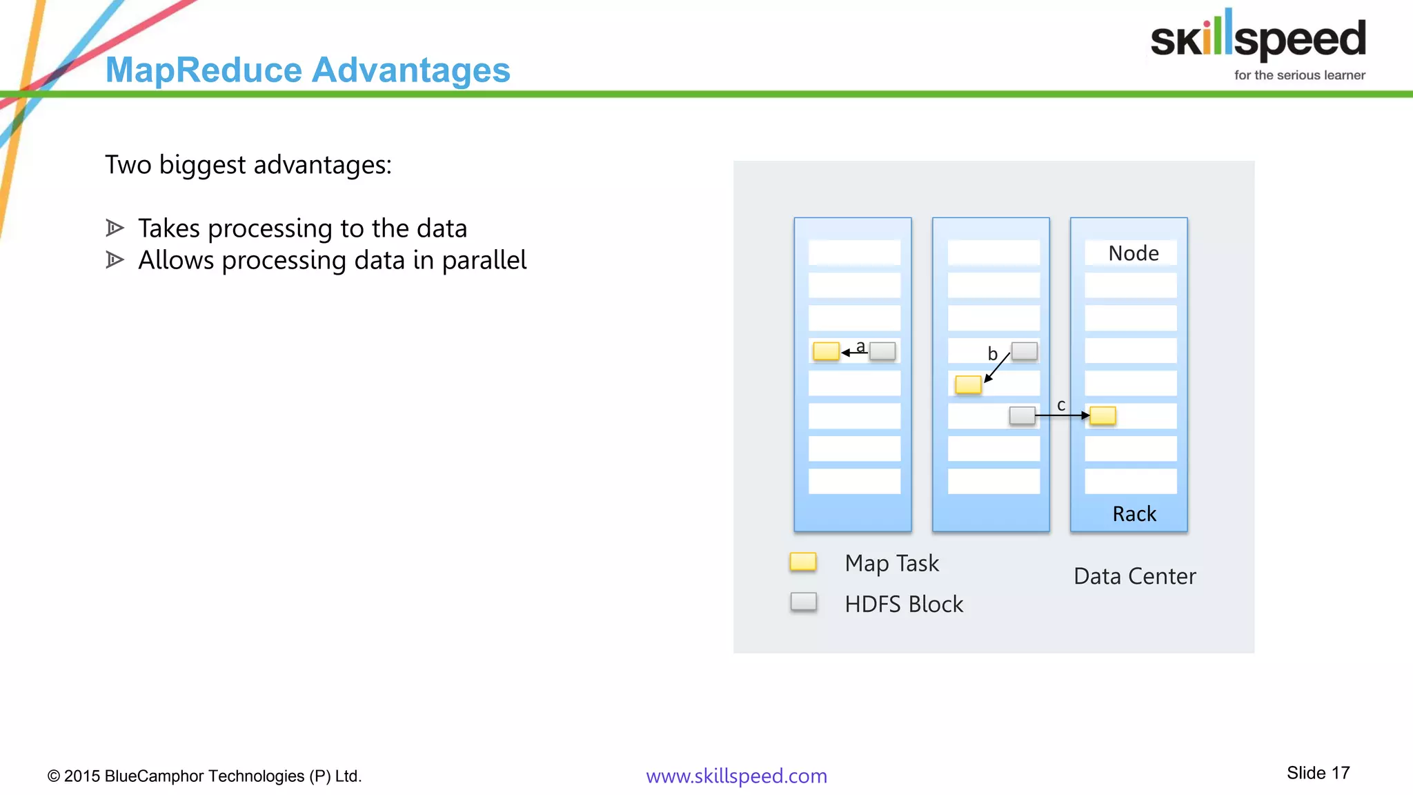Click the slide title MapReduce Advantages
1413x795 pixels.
[x=308, y=70]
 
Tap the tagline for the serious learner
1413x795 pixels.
[x=1299, y=75]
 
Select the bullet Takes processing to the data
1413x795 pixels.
[x=302, y=228]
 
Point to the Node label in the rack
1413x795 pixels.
[x=1133, y=253]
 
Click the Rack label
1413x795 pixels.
[x=1134, y=514]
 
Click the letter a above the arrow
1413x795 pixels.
[x=860, y=346]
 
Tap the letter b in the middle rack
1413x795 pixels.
[x=992, y=354]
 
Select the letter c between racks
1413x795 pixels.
[x=1061, y=405]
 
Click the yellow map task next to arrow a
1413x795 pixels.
[x=826, y=351]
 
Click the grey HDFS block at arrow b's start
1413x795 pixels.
[x=1024, y=351]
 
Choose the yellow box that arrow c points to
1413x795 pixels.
[x=1103, y=415]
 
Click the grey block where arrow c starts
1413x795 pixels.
[x=1022, y=415]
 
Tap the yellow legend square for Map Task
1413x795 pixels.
[x=803, y=562]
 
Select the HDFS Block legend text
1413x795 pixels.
[x=904, y=605]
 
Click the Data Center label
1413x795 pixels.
[x=1134, y=576]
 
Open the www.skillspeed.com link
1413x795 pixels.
[x=736, y=776]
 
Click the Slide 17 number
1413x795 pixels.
[x=1318, y=773]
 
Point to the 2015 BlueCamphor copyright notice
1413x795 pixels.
[x=204, y=776]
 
